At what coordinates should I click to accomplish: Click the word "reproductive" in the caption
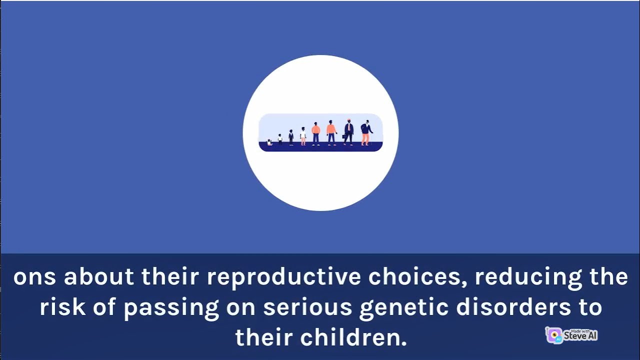coord(283,277)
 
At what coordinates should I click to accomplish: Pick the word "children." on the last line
coord(353,337)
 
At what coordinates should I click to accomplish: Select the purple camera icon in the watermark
coord(554,335)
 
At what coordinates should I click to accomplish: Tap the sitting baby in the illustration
coord(269,142)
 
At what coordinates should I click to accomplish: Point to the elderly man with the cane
coord(366,133)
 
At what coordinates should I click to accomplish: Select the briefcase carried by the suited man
coord(344,136)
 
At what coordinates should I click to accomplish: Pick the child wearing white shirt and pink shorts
coord(303,136)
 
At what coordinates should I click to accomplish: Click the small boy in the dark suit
coord(291,137)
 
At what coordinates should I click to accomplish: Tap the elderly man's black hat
coord(367,121)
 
